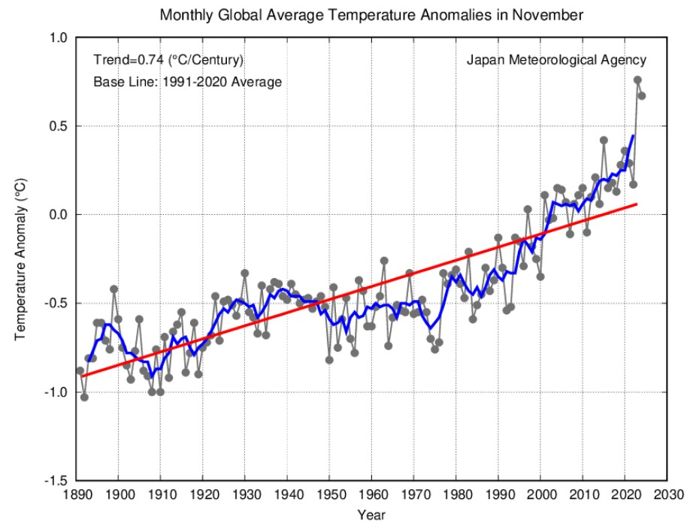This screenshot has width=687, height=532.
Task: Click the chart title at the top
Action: [371, 14]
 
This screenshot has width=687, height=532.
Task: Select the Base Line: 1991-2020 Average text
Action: [187, 82]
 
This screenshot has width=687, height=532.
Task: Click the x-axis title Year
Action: [371, 515]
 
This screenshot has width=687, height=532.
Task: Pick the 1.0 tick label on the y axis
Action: [59, 38]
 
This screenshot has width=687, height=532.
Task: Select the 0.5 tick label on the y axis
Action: [59, 126]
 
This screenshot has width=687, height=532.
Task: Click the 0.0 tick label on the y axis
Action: [59, 215]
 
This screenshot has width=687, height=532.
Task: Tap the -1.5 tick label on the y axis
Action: [56, 481]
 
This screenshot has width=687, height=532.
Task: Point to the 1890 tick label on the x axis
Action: [76, 495]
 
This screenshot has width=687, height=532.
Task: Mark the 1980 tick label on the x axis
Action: [457, 495]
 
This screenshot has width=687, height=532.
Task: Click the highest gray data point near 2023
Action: [637, 80]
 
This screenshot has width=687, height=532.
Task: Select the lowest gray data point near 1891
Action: [84, 397]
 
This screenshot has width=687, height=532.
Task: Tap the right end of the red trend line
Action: [637, 204]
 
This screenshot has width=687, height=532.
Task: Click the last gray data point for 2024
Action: [642, 95]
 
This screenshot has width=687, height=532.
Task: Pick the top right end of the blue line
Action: [633, 135]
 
